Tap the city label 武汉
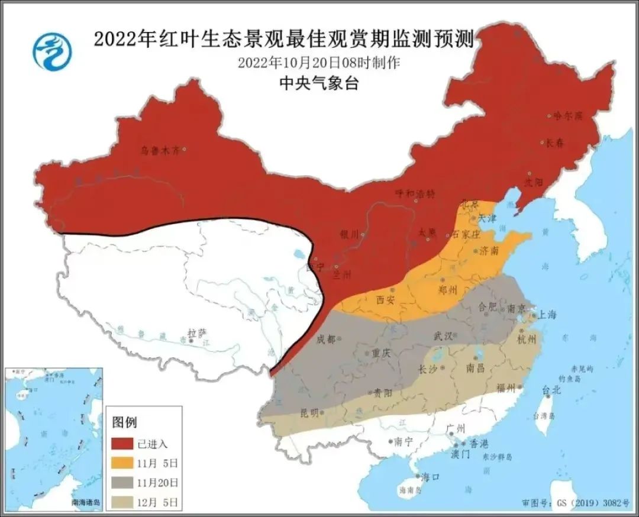click(443, 336)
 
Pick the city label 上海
click(547, 315)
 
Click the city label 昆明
click(308, 412)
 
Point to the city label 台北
click(551, 390)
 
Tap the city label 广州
click(457, 428)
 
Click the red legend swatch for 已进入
click(121, 444)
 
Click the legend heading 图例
click(124, 422)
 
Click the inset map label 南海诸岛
click(86, 502)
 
